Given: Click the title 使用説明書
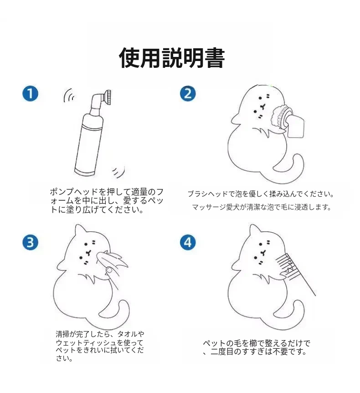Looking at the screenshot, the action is [x=172, y=58].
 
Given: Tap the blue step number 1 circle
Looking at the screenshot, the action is [x=31, y=94].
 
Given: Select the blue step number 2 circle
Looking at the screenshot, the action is [x=188, y=93].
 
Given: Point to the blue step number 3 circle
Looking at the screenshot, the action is [x=31, y=243].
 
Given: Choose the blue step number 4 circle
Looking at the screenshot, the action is [x=188, y=242].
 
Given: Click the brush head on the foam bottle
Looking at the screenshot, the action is [x=108, y=98].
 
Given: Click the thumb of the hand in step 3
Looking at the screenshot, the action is [x=109, y=270].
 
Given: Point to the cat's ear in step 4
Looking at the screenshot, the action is [x=254, y=230].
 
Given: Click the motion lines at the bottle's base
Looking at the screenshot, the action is [x=119, y=172].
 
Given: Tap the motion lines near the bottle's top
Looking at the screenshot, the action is [x=69, y=95].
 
